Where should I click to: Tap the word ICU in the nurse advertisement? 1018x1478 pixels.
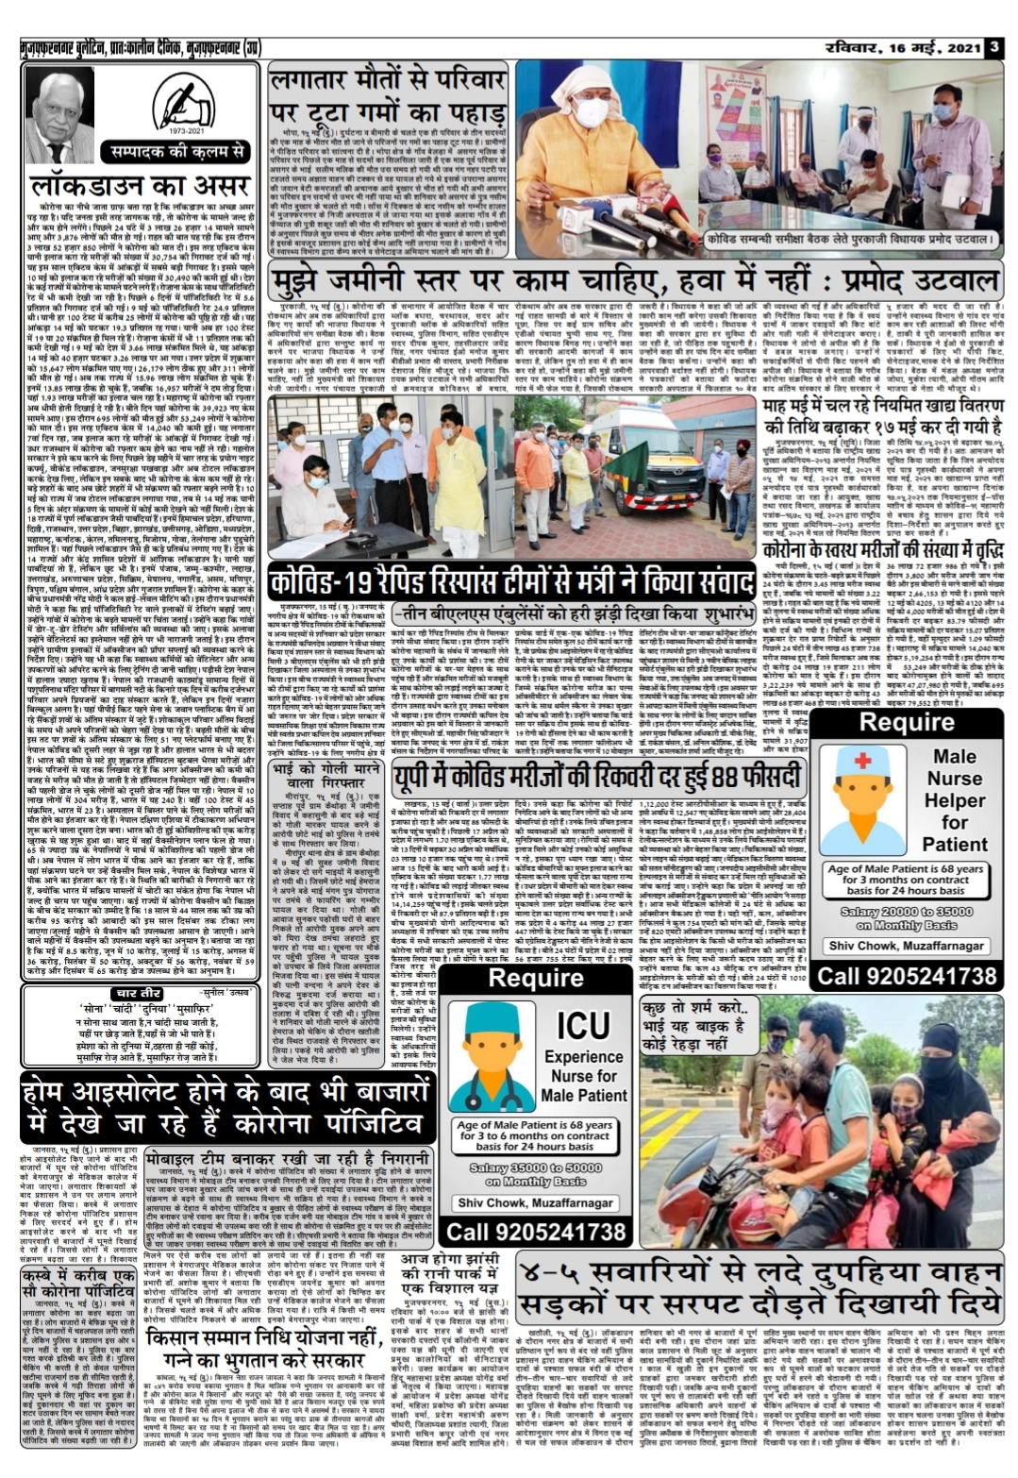(583, 1024)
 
